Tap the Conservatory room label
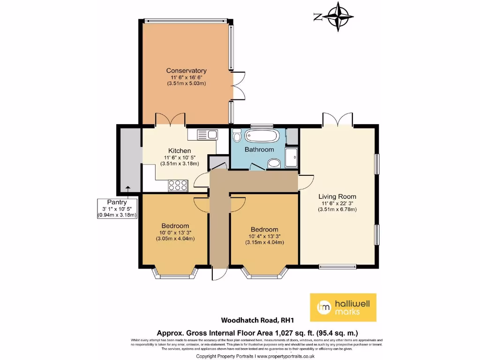(x=186, y=71)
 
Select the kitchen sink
(x=202, y=135)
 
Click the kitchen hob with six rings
(x=178, y=185)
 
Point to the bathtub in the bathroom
(x=262, y=136)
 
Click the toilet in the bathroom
(x=237, y=136)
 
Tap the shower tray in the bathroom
(x=291, y=156)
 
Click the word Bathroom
(x=259, y=150)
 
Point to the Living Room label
(x=337, y=196)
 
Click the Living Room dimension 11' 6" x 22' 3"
(x=337, y=203)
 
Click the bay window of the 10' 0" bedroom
(x=172, y=273)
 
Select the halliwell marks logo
(x=343, y=307)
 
